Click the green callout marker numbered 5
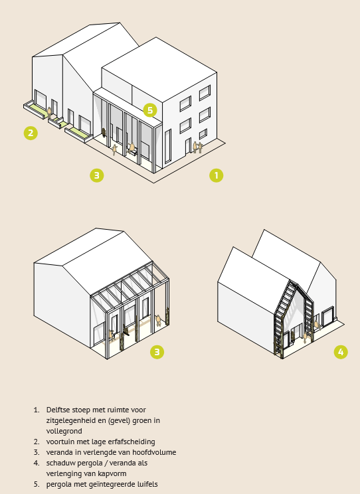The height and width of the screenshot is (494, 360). pos(150,110)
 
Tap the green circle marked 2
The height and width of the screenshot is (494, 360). pos(31,133)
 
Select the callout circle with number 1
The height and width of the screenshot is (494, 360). pos(217,175)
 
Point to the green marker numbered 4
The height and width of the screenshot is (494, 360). pos(341,352)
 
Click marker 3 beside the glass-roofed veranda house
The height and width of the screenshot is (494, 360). pos(157,352)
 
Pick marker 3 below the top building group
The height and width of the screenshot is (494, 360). pos(97,175)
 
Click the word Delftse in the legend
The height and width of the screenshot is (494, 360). pos(57,410)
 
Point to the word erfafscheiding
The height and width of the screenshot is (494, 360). pos(134,442)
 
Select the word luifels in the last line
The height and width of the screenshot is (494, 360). pos(147,484)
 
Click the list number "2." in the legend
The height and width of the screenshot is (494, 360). pos(37,442)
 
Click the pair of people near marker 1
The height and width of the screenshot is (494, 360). pos(197,147)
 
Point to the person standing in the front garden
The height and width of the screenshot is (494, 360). pos(49,112)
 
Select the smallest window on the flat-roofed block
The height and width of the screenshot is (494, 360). pos(203,133)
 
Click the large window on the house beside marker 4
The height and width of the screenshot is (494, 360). pos(327,316)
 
